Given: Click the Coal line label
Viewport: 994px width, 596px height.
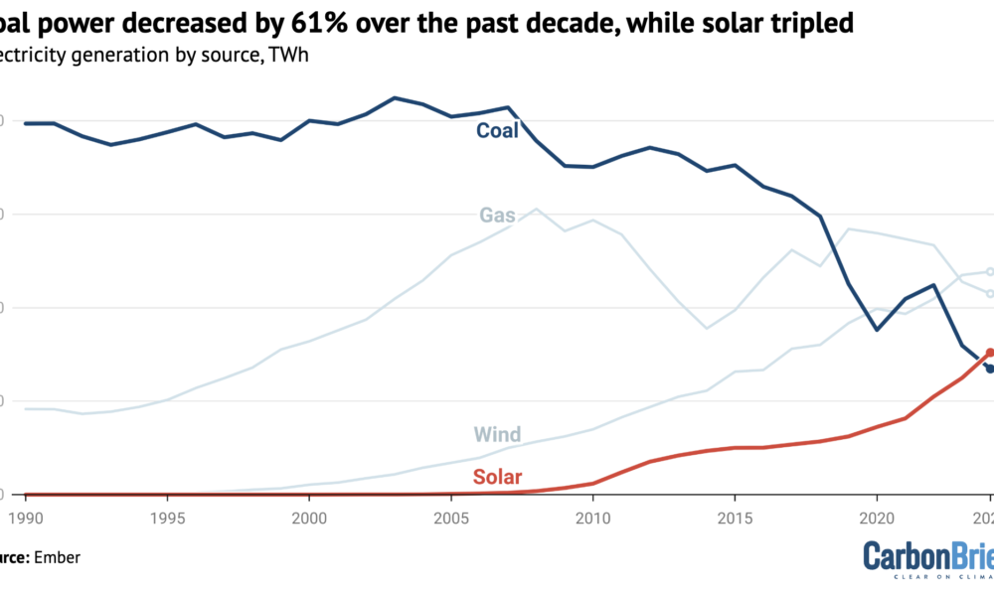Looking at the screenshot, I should pos(497,130).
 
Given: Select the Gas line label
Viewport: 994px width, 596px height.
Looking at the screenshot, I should pos(496,215).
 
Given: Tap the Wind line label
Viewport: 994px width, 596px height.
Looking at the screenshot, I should pos(497,435).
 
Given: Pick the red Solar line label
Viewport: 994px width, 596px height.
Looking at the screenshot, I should pos(497,478).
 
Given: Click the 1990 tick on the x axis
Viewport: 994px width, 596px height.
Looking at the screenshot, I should pos(25,518).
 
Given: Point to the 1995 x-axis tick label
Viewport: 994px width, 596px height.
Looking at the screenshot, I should pos(167,518).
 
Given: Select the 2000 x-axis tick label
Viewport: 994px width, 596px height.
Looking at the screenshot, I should pos(309,518).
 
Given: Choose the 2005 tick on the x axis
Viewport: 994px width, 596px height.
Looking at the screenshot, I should pos(451,518).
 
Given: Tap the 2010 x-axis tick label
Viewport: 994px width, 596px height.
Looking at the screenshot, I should pos(592,518).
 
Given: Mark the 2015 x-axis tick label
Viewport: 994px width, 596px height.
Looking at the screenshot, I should pos(735,518).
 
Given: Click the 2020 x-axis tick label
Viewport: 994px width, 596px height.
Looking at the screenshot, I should pos(877,518).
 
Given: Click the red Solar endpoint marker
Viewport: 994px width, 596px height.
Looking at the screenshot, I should pos(990,352).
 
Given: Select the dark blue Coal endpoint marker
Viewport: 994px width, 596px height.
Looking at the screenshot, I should pos(990,369).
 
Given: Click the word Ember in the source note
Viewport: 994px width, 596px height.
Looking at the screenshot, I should pos(58,558).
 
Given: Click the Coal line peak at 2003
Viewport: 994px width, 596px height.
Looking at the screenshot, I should pos(395,97).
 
